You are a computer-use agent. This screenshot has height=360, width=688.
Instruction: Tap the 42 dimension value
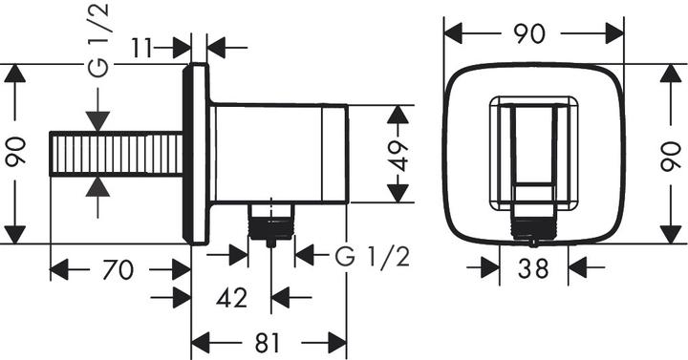(x=232, y=299)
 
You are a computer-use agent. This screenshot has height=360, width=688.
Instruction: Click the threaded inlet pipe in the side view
(x=115, y=155)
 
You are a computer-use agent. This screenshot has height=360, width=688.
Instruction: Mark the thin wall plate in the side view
(x=199, y=154)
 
